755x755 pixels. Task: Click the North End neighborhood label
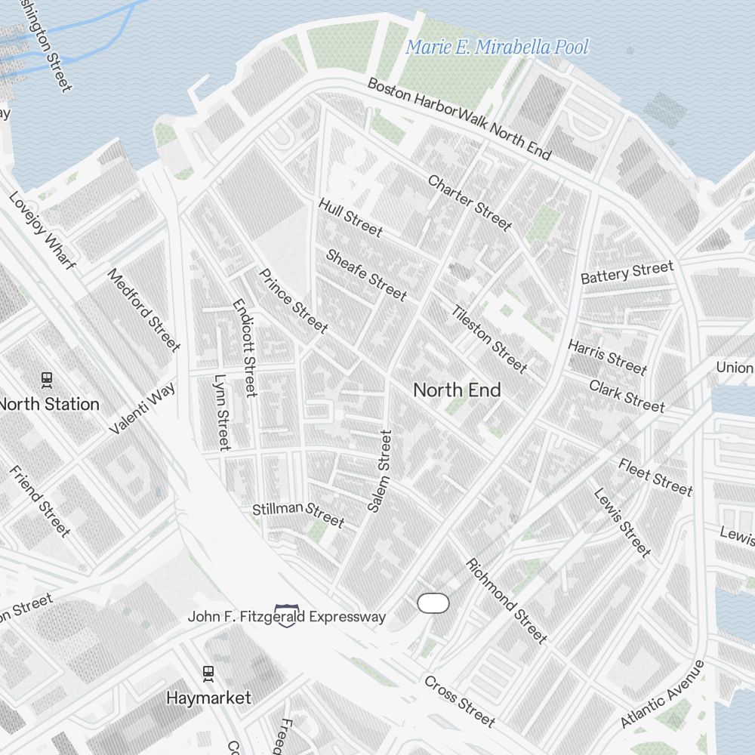tap(457, 390)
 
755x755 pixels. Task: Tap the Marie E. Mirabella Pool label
tap(497, 47)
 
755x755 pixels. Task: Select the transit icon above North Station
tap(47, 379)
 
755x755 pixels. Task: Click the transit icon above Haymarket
tap(208, 673)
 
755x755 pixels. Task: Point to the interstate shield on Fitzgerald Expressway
tap(287, 615)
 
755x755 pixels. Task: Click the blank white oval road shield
tap(433, 602)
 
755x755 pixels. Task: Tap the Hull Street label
tap(350, 217)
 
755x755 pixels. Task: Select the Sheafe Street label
tap(366, 275)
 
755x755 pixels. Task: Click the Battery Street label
tap(627, 273)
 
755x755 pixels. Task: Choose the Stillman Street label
tap(298, 513)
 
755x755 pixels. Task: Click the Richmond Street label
tap(506, 601)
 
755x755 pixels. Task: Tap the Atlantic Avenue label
tap(662, 695)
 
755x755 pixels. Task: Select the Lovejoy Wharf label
tap(42, 230)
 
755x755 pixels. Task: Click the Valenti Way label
tap(142, 408)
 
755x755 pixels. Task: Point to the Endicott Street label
tap(245, 348)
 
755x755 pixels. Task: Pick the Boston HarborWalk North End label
tap(459, 118)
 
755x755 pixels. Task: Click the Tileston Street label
tap(489, 339)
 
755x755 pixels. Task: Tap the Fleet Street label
tap(655, 477)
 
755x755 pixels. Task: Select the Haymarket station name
tap(208, 698)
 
